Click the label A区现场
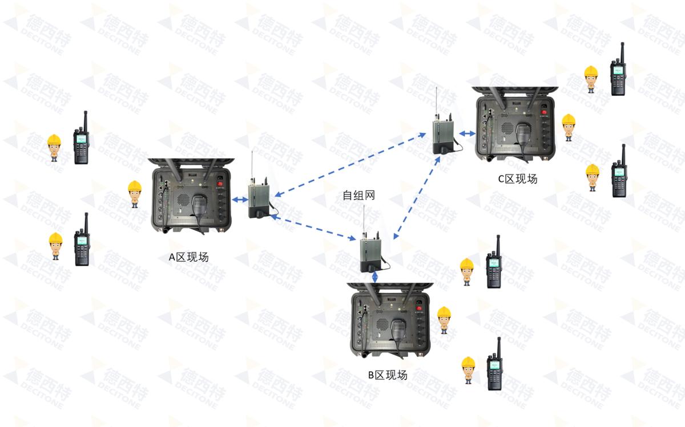point(188,257)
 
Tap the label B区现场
point(388,375)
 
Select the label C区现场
point(518,179)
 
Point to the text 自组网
point(358,196)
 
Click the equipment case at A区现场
point(192,196)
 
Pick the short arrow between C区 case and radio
point(468,133)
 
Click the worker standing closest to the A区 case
point(134,194)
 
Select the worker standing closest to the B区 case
point(444,319)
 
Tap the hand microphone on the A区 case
point(199,205)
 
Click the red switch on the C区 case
point(544,112)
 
